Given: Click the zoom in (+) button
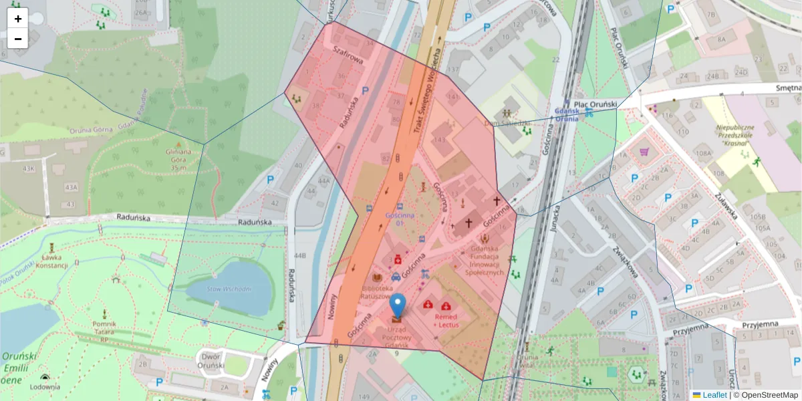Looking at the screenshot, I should [18, 19].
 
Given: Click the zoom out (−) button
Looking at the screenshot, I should [18, 39].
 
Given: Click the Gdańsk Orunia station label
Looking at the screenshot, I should [566, 114].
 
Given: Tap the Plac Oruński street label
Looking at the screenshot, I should [620, 47].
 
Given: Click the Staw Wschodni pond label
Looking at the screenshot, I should [229, 289].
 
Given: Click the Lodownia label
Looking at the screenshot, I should [45, 386].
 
